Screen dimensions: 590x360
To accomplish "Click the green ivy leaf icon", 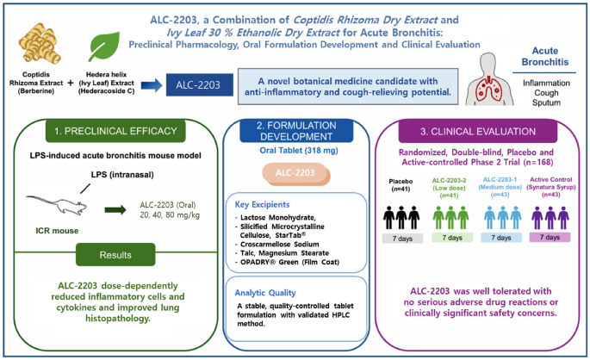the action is [104, 47].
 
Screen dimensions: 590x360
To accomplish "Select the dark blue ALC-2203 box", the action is [200, 84].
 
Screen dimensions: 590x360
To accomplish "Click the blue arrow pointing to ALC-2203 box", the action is [152, 85].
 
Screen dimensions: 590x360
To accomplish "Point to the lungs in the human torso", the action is [488, 90].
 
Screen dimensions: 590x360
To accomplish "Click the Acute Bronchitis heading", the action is [544, 57].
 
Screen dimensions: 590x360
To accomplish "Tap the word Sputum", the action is [546, 102].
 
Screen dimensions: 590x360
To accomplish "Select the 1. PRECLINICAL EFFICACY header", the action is [115, 131].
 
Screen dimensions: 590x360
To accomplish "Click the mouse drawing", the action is [57, 205].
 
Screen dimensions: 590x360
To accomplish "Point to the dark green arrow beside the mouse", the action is [115, 209].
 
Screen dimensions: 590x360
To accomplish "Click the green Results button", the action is [115, 255].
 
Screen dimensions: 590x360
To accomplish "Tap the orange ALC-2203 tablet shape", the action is [295, 174].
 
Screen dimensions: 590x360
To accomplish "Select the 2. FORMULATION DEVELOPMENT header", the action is [296, 131].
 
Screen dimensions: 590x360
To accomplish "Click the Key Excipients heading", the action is [262, 205].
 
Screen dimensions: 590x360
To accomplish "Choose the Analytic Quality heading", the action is [265, 293].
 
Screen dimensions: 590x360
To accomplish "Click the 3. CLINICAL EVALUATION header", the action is [478, 132].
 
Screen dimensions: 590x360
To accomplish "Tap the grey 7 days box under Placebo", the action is [402, 239].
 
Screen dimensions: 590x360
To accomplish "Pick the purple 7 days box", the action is [550, 238].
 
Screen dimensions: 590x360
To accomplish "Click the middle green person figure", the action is [450, 217].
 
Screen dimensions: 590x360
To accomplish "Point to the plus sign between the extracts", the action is [71, 83].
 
